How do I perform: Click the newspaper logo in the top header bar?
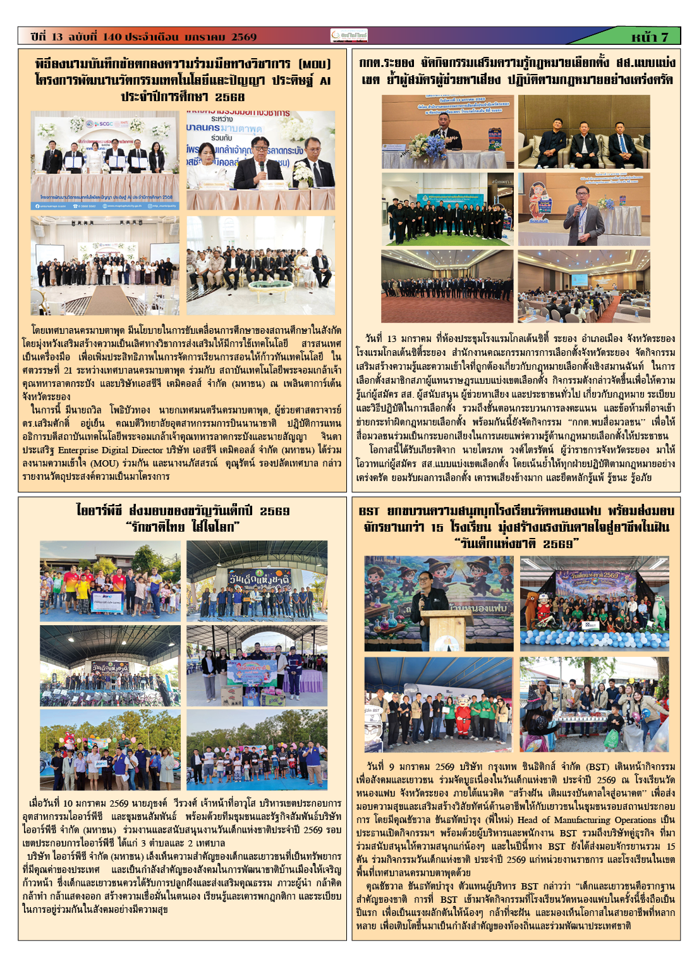[x=349, y=37]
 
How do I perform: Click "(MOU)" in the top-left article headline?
[x=314, y=64]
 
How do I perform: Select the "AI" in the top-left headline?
[x=324, y=80]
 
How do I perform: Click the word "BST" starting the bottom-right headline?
[x=369, y=511]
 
